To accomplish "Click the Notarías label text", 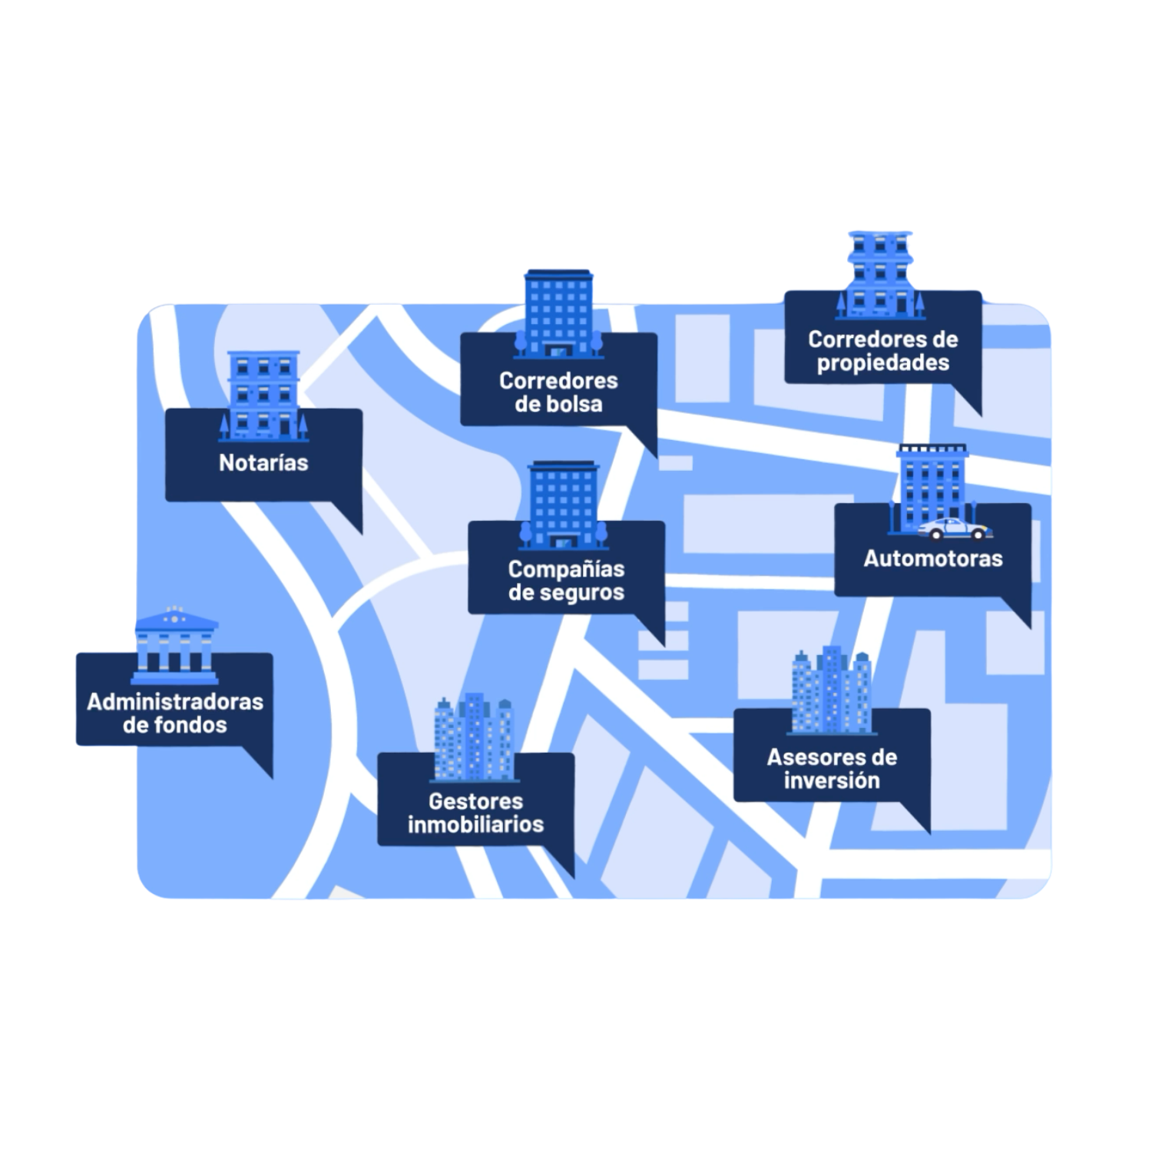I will click(263, 463).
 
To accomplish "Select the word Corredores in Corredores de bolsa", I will click(558, 381).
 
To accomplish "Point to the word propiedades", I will click(883, 362).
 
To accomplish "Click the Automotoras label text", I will click(933, 558).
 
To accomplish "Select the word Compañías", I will click(566, 570).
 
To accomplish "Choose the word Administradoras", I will click(175, 702).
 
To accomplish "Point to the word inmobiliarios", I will click(475, 825).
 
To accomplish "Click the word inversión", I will click(832, 781).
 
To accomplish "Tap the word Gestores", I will click(475, 802).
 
